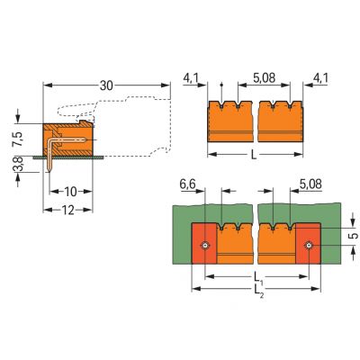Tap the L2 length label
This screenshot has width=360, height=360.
coord(258,295)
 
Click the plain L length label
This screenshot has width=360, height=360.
coord(259,154)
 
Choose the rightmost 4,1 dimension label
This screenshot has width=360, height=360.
coord(321,79)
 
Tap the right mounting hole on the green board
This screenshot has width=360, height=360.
coord(310,247)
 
